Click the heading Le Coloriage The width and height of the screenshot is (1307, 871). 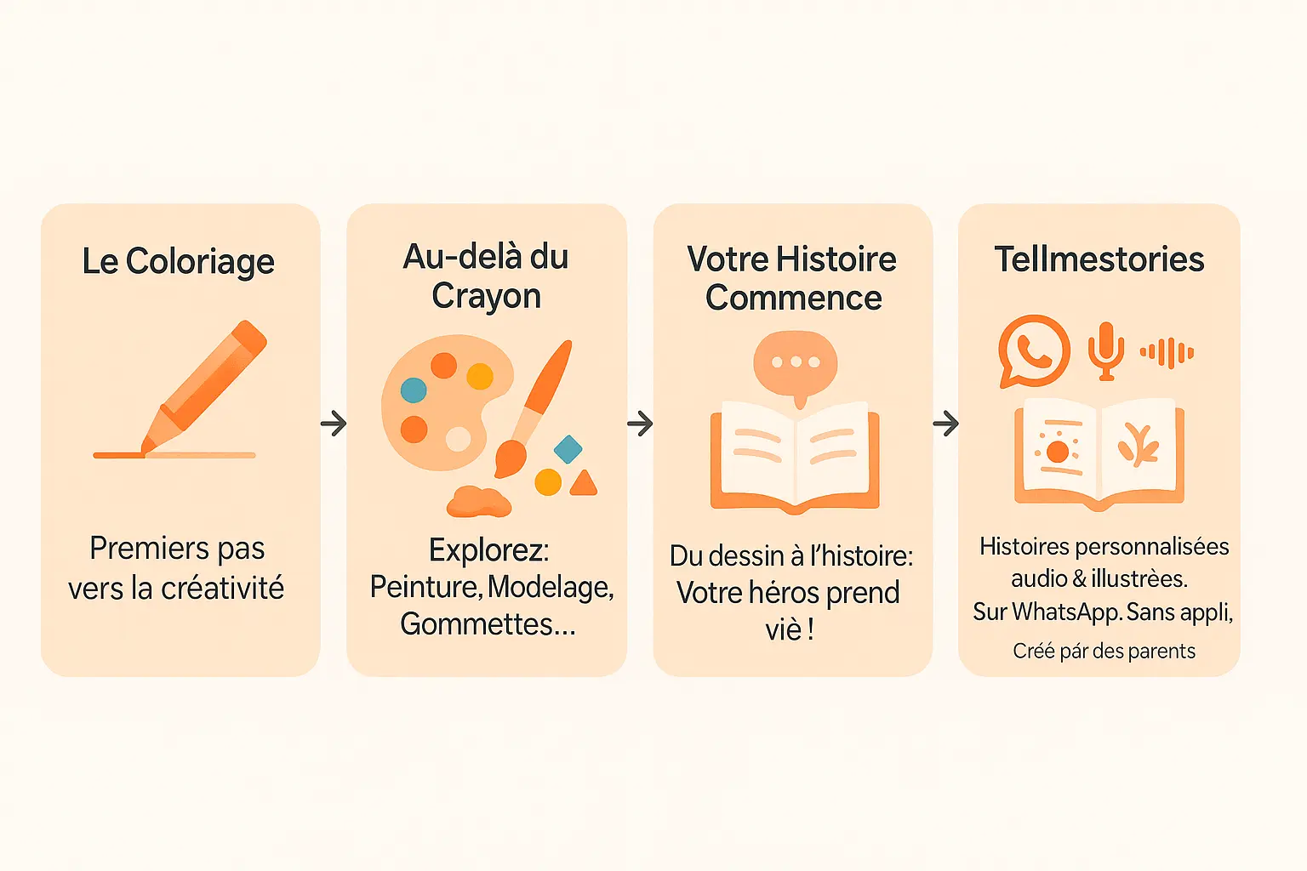[x=178, y=261]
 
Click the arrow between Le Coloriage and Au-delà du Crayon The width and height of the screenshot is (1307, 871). [x=334, y=423]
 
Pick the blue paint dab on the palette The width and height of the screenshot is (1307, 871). [x=414, y=390]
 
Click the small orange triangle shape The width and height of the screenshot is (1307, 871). [x=584, y=484]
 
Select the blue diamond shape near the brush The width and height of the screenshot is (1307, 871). [x=568, y=448]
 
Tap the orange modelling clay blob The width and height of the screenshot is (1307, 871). [x=479, y=501]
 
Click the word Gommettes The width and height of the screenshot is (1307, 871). [x=477, y=624]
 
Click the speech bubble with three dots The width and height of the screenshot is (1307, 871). [x=796, y=364]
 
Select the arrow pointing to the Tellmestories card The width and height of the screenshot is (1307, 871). [x=945, y=423]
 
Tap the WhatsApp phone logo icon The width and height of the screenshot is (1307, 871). [x=1034, y=350]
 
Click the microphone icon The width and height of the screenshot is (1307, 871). [x=1106, y=350]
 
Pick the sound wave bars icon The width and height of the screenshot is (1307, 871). [x=1167, y=352]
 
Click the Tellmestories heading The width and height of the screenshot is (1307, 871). [x=1099, y=259]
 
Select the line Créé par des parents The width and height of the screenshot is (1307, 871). [x=1104, y=652]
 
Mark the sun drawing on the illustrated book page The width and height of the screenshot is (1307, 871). [x=1058, y=451]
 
